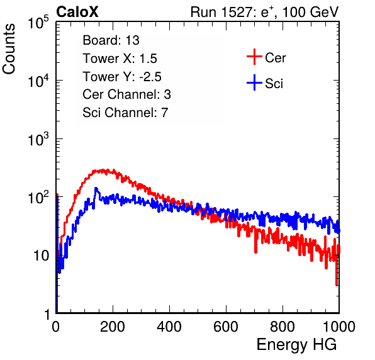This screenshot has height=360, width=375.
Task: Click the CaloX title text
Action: pyautogui.click(x=77, y=12)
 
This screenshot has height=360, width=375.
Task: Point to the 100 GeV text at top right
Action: pyautogui.click(x=310, y=12)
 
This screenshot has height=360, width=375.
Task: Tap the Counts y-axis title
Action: pyautogui.click(x=9, y=48)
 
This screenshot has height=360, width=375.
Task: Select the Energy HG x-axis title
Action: pyautogui.click(x=296, y=345)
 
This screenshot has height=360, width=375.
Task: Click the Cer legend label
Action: pyautogui.click(x=275, y=58)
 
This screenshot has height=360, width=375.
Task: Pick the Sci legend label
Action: pyautogui.click(x=274, y=84)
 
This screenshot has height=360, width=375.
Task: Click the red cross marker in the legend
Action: pyautogui.click(x=254, y=57)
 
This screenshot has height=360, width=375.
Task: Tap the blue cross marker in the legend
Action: pyautogui.click(x=254, y=83)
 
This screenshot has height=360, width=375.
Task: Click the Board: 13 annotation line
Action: pyautogui.click(x=111, y=40)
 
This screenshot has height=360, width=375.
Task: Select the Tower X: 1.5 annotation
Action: pyautogui.click(x=120, y=59)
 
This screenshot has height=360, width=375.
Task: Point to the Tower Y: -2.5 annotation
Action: pyautogui.click(x=122, y=77)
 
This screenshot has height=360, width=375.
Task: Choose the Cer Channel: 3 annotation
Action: pyautogui.click(x=126, y=94)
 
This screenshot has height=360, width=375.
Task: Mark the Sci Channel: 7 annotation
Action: pyautogui.click(x=125, y=113)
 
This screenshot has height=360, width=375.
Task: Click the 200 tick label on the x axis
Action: pyautogui.click(x=113, y=327)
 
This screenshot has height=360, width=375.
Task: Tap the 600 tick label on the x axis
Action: pyautogui.click(x=226, y=327)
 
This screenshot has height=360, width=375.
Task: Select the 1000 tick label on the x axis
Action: pyautogui.click(x=339, y=327)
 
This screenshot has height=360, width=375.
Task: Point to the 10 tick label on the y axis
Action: pyautogui.click(x=42, y=256)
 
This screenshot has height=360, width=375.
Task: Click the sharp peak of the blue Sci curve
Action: pyautogui.click(x=96, y=188)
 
